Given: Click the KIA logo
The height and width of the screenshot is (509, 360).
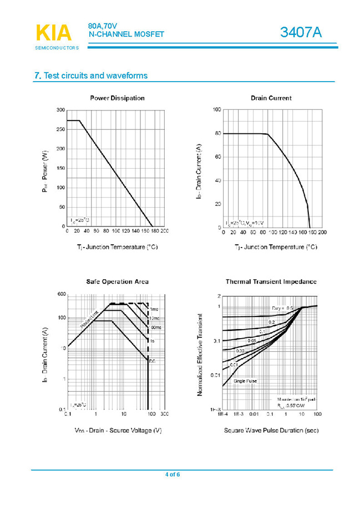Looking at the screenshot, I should (54, 33).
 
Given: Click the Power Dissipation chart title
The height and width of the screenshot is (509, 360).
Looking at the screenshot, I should (117, 98).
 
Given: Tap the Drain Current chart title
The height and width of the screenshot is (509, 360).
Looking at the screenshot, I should (271, 98).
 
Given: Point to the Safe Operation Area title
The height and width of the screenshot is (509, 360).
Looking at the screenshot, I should (117, 281).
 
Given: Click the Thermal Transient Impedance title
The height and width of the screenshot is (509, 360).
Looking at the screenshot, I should (271, 281).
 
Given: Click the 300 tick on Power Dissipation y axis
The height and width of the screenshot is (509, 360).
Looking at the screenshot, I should (60, 110).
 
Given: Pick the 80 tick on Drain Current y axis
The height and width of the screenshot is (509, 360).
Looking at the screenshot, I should (218, 133).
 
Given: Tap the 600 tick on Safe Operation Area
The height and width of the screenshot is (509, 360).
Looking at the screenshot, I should (62, 294).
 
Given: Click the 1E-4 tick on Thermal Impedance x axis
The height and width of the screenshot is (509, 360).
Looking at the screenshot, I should (223, 414).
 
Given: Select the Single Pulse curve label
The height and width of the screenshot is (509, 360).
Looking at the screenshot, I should (245, 381).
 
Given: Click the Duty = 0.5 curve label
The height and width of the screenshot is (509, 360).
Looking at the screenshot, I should (283, 308).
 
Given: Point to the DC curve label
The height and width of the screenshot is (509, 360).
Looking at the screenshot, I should (152, 362).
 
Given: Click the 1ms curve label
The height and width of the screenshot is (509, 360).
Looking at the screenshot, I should (154, 309).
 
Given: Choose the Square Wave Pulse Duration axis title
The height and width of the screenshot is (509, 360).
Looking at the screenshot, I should (271, 430).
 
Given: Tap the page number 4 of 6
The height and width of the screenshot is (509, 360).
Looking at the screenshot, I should (173, 474).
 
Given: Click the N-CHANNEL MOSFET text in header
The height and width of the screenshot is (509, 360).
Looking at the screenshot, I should (127, 34).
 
